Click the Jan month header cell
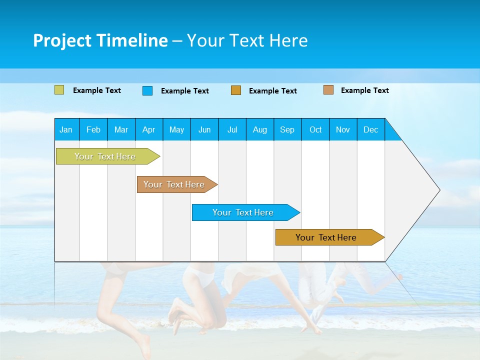66,129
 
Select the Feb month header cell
93,129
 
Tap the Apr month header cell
149,129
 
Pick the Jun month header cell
204,129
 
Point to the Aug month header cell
260,129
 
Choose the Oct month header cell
315,129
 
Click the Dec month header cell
371,129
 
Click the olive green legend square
59,90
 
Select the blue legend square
147,90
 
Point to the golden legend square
236,90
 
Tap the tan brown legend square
328,90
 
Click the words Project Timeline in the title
100,40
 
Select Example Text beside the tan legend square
364,90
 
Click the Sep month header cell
287,129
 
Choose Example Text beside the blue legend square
184,91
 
